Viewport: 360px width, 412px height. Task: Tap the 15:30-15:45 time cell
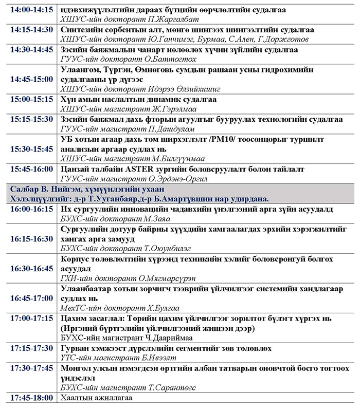coord(31,149)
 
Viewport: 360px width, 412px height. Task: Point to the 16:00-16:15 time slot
coord(31,209)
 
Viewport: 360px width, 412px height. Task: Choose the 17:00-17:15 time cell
coord(31,319)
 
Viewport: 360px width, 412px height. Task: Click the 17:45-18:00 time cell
coord(31,398)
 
